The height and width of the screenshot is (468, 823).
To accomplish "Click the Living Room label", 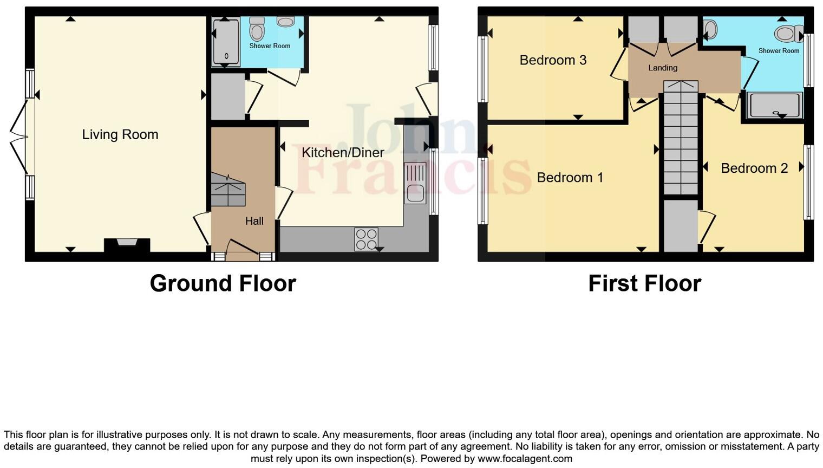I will click(x=120, y=134).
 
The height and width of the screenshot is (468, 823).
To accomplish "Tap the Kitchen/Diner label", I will click(x=343, y=153).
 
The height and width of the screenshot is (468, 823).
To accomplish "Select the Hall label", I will click(x=254, y=221).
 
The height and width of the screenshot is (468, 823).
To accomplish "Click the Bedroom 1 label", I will click(x=570, y=178).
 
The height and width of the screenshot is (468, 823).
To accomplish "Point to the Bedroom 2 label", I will click(x=754, y=168).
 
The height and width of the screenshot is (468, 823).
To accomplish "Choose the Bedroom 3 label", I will click(x=553, y=60).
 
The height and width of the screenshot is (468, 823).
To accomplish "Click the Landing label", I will click(x=662, y=68).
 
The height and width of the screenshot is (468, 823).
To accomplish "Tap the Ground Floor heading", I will click(x=223, y=283).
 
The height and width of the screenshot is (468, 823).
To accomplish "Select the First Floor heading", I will click(x=644, y=283).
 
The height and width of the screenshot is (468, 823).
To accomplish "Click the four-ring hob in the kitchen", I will click(x=366, y=239).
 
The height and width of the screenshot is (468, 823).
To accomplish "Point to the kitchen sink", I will click(x=415, y=184).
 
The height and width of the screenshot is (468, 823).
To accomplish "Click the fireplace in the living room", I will click(x=127, y=244).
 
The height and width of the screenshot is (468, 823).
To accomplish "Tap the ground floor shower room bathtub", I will click(x=225, y=42).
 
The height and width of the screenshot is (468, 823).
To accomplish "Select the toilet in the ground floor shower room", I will click(x=257, y=30).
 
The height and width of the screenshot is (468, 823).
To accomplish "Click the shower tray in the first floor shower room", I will click(x=775, y=105).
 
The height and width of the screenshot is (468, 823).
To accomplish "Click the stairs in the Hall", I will click(x=228, y=191).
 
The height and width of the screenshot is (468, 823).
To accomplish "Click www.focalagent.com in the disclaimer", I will click(x=524, y=459).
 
